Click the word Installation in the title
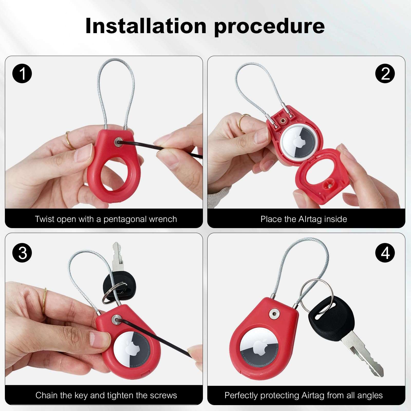coord(146,26)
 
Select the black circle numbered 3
coord(22,253)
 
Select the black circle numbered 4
coord(385,253)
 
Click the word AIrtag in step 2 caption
coord(310,219)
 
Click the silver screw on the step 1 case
coord(118,141)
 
